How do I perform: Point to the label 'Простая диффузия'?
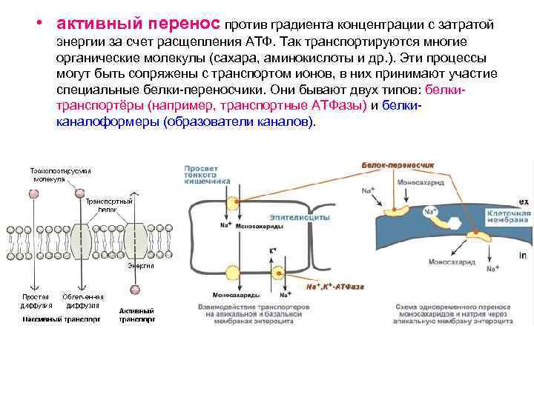tap(35, 299)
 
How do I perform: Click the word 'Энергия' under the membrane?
tap(140, 265)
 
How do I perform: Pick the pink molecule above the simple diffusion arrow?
tap(34, 193)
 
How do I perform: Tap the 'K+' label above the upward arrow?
tap(273, 252)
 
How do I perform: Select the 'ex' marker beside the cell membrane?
tap(522, 201)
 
